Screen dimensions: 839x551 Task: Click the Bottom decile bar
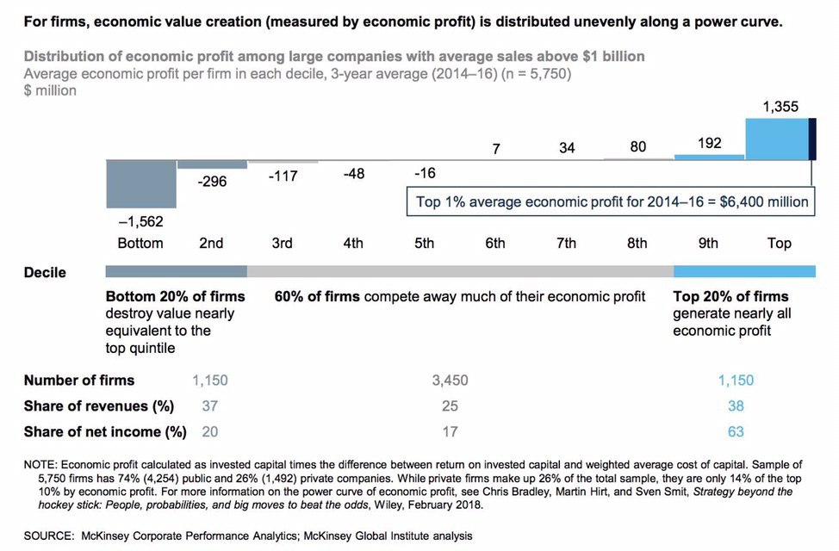coord(141,183)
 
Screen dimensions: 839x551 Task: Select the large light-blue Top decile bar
coord(777,139)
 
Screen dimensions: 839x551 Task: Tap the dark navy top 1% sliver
coord(812,139)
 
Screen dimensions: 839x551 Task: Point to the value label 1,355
coord(780,107)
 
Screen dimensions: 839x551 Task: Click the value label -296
coord(212,182)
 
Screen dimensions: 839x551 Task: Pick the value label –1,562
coord(140,221)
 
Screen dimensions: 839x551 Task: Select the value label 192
coord(710,143)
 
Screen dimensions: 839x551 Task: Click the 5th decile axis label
coord(425,243)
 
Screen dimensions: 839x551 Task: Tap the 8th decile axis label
coord(637,243)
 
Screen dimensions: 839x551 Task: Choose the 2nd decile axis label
coord(211,243)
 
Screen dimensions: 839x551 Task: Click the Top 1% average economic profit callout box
coord(611,201)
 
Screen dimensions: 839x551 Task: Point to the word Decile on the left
coord(45,272)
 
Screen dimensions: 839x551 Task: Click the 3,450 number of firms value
coord(450,381)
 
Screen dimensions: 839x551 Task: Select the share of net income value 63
coord(736,431)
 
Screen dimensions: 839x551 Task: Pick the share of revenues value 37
coord(210,406)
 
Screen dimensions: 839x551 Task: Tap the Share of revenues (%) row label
coord(99,406)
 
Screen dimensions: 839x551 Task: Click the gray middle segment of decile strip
coord(460,271)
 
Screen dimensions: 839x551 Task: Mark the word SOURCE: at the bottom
coord(49,536)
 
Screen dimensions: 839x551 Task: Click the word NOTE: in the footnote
coord(43,465)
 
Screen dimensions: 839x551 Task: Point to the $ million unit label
coord(50,90)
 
